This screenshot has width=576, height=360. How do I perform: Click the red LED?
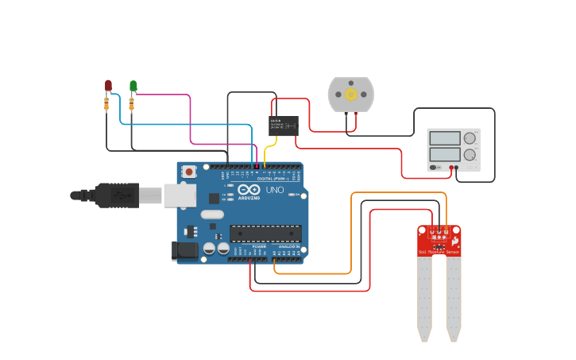pyautogui.click(x=108, y=84)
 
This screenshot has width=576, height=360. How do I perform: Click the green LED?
pyautogui.click(x=133, y=85)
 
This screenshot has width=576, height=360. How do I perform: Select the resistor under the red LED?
pyautogui.click(x=107, y=103)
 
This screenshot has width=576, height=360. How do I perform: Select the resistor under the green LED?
pyautogui.click(x=132, y=103)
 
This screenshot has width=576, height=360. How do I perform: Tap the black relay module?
pyautogui.click(x=284, y=124)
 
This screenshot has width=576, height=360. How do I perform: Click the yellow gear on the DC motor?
pyautogui.click(x=350, y=95)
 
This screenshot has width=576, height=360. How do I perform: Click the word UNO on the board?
pyautogui.click(x=274, y=191)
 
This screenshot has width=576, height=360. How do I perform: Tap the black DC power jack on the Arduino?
pyautogui.click(x=185, y=250)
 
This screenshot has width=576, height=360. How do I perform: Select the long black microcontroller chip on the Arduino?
pyautogui.click(x=265, y=233)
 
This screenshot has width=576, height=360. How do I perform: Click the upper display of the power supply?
pyautogui.click(x=445, y=137)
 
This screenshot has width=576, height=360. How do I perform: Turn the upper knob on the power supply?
pyautogui.click(x=470, y=138)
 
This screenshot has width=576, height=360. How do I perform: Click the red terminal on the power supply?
pyautogui.click(x=450, y=168)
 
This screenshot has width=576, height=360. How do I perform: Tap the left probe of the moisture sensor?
pyautogui.click(x=425, y=294)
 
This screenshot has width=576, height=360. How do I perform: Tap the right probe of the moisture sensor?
pyautogui.click(x=454, y=294)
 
